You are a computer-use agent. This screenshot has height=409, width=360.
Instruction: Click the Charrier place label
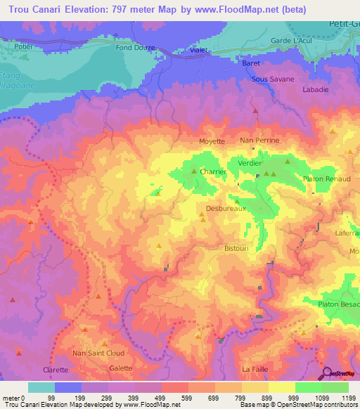[x=213, y=171]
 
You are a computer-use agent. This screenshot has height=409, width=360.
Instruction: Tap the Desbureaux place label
[x=224, y=208]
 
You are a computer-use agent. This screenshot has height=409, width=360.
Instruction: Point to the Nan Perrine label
[x=259, y=141]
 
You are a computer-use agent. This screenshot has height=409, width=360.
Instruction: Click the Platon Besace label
[x=338, y=304]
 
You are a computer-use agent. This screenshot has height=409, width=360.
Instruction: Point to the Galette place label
[x=120, y=368]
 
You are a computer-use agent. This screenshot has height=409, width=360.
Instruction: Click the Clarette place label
[x=56, y=370]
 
